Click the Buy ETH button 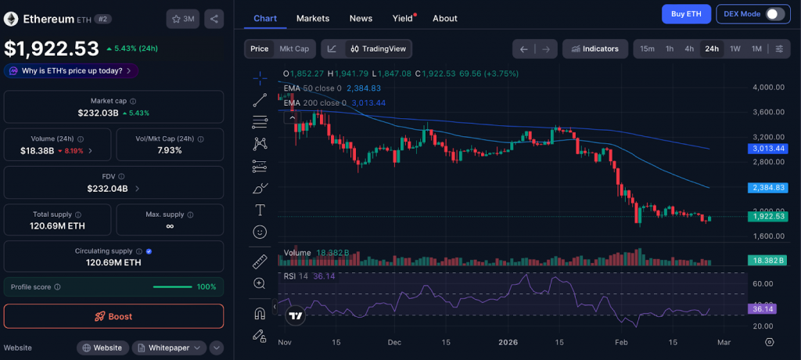[686, 14]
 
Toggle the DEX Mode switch [774, 14]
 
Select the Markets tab [313, 18]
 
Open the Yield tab [403, 18]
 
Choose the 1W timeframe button [735, 49]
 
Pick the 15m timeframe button [647, 49]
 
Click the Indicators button [594, 49]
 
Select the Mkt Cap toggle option [294, 49]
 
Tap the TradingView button [379, 49]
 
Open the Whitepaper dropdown [168, 347]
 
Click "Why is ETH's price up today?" [71, 70]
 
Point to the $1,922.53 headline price [52, 49]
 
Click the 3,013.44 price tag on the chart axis [768, 148]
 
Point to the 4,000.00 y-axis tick [768, 87]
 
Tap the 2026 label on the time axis [509, 342]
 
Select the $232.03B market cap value [98, 113]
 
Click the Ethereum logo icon [11, 18]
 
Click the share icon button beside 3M [214, 19]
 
